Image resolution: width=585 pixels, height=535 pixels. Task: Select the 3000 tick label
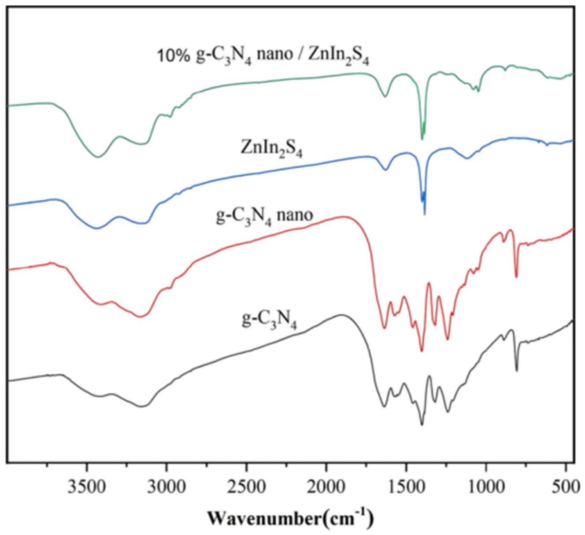click(167, 487)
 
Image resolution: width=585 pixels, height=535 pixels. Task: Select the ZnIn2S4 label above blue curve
click(271, 149)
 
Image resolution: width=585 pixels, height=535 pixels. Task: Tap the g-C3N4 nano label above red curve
click(264, 216)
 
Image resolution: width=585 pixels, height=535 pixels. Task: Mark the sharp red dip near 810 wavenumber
click(516, 277)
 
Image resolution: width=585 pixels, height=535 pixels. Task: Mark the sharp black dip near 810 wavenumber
click(517, 370)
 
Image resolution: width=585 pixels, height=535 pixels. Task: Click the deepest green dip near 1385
click(422, 139)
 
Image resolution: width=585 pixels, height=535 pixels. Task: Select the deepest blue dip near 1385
click(425, 214)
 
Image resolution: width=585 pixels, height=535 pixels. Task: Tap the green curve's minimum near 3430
click(98, 157)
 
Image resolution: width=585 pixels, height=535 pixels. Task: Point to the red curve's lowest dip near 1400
click(422, 351)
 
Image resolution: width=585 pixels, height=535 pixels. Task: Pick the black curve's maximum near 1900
click(341, 315)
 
